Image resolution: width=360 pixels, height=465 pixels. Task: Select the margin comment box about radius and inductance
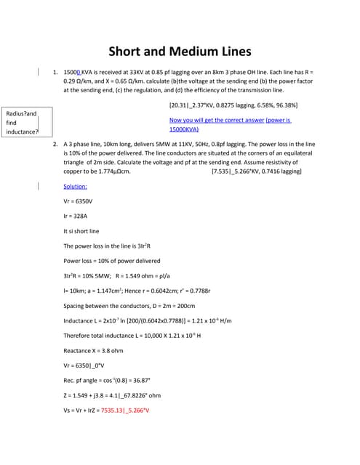(x=21, y=123)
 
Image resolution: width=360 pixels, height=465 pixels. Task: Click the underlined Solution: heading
(x=76, y=186)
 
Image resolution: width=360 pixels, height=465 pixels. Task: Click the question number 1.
(x=55, y=73)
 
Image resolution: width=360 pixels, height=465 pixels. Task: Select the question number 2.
(x=55, y=145)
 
